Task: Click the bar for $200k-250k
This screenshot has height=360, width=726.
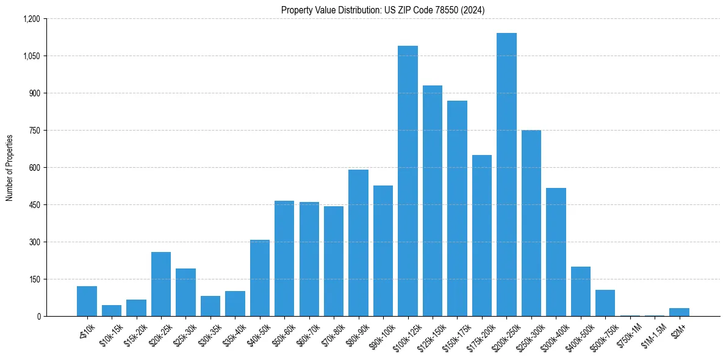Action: (506, 175)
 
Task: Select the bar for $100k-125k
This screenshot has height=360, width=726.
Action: (408, 181)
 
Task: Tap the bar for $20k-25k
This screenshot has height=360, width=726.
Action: (161, 284)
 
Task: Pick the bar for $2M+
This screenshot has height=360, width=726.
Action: (679, 312)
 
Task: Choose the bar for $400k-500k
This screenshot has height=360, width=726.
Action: (580, 292)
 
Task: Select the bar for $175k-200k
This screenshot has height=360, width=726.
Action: (482, 236)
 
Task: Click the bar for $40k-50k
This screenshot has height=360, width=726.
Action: (260, 278)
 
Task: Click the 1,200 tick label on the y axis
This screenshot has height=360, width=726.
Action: (31, 19)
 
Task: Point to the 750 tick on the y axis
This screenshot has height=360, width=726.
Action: (34, 131)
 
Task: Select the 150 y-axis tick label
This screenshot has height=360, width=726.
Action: (34, 279)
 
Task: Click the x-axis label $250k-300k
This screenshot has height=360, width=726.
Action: (527, 334)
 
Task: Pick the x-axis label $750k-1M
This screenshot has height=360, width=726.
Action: (627, 333)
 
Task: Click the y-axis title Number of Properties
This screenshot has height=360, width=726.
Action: (10, 168)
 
